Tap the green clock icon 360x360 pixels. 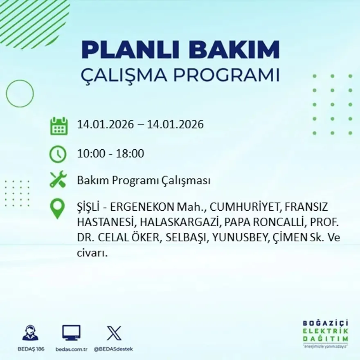click(58, 154)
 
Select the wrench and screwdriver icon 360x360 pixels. click(58, 180)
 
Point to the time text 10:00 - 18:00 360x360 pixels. click(110, 154)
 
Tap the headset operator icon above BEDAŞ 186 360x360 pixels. click(30, 333)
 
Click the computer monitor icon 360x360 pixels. click(71, 333)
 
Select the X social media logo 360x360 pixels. click(114, 333)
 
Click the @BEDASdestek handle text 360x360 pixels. click(113, 349)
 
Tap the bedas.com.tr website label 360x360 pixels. click(71, 349)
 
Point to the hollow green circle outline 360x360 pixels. click(20, 93)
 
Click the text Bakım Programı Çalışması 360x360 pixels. click(144, 180)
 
